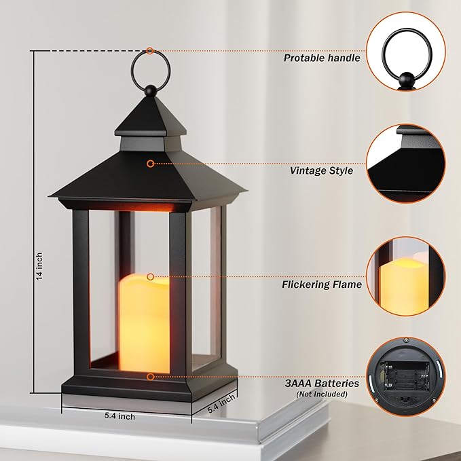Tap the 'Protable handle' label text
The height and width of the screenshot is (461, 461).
[x=322, y=58]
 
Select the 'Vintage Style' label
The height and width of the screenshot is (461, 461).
[x=321, y=170]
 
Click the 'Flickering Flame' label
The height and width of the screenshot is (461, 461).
[x=322, y=284]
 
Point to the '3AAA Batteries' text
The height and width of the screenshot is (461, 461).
[x=322, y=384]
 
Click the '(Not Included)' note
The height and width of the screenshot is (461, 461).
[x=322, y=394]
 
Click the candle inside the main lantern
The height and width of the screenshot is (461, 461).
[x=144, y=322]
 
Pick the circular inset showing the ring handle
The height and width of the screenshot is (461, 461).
[x=410, y=53]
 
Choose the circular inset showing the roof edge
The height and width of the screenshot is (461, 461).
[x=410, y=164]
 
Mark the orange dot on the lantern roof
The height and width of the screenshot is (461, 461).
[x=150, y=163]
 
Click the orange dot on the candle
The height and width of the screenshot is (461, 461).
[x=150, y=276]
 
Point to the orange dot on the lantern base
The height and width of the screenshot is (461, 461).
[x=150, y=375]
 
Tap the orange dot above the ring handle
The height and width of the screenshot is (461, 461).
[x=149, y=50]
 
